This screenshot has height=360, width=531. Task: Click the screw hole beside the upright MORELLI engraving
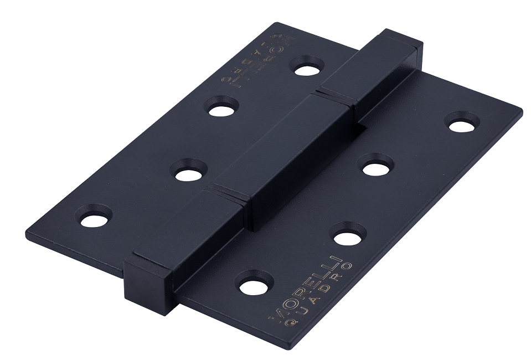[256, 286]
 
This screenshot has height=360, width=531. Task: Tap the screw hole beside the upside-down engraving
[307, 70]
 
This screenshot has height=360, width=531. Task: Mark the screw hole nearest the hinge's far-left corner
[94, 219]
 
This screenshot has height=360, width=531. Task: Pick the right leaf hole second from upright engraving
[348, 238]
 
